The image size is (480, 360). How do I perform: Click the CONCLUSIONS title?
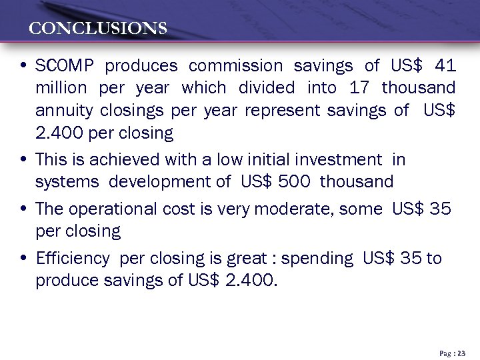(x=98, y=29)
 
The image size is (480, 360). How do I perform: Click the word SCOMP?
(x=65, y=66)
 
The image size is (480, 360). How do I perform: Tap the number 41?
(x=445, y=66)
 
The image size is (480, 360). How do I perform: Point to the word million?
(x=61, y=88)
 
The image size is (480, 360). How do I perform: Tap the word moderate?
(x=299, y=209)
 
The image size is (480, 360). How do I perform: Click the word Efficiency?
(x=73, y=259)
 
